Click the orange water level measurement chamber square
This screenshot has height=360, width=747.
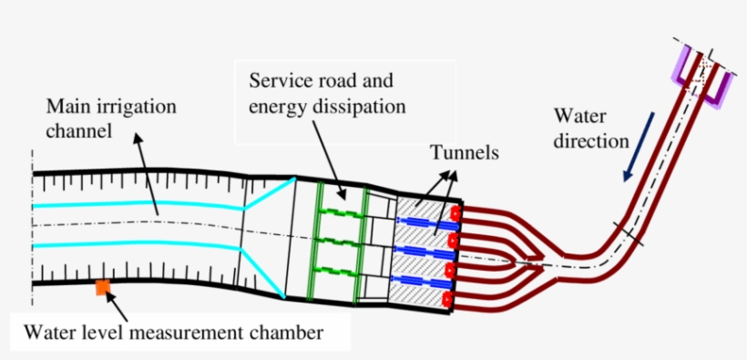103,288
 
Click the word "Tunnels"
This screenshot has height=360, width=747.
466,154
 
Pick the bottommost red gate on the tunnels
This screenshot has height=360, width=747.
448,299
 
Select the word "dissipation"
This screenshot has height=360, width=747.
361,107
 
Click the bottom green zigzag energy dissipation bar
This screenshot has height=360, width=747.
342,273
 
